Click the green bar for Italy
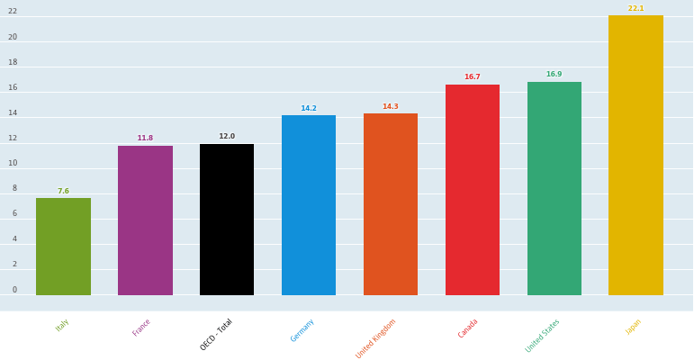coord(63,247)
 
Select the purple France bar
coord(145,220)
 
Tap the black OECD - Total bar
coord(227,220)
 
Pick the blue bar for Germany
coord(309,205)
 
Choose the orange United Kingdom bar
coord(391,204)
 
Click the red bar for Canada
coord(473,190)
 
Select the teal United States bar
coord(554,188)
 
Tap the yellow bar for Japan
coord(635,155)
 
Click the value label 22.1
coord(635,8)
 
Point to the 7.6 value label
coord(63,191)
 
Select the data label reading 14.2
coord(309,108)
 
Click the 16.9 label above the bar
coord(554,75)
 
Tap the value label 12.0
coord(227,137)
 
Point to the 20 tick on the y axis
coord(13,37)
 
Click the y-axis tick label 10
coord(13,163)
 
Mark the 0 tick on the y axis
coord(14,290)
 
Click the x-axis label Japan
coord(634,327)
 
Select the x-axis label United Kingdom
coord(376,338)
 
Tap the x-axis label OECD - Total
coord(216,335)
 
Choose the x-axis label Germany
coord(302,330)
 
